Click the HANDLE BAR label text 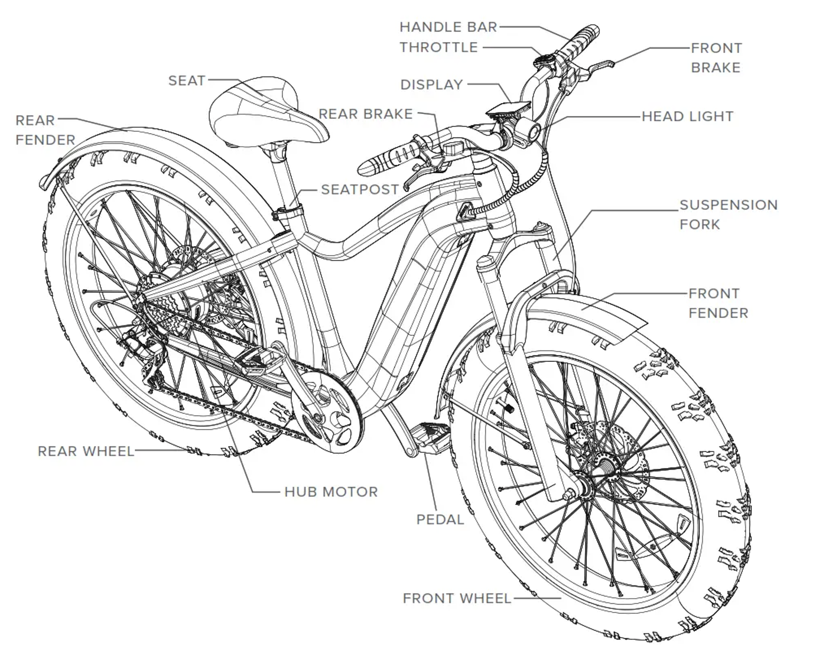[448, 27]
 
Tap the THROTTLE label [439, 47]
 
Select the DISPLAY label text [431, 85]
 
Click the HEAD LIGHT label [687, 116]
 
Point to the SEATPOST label [360, 189]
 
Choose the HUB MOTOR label [331, 492]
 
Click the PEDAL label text [440, 519]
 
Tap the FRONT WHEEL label [457, 598]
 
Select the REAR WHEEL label [86, 451]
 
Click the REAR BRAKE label [366, 114]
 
